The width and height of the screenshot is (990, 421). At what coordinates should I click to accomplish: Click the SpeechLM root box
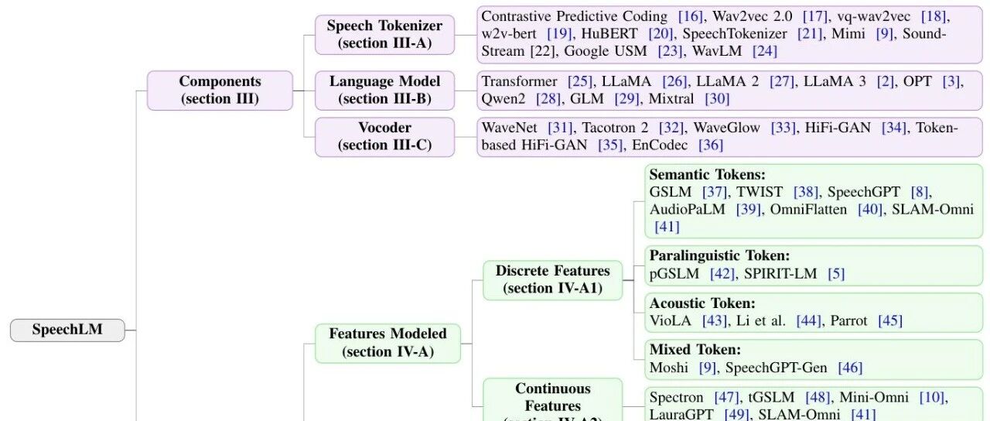[x=67, y=330]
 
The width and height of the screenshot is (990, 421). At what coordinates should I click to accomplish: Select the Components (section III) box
[x=220, y=91]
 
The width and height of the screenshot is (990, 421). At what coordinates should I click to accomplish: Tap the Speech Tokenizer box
[x=384, y=35]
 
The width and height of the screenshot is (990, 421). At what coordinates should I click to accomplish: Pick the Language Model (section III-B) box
[x=384, y=91]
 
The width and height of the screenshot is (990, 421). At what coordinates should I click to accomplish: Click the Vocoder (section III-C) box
[x=384, y=137]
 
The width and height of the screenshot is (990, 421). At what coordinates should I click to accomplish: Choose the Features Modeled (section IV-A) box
[x=387, y=343]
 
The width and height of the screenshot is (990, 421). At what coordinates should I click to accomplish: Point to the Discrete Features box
[x=552, y=280]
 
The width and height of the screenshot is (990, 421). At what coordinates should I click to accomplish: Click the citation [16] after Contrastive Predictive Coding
[x=691, y=16]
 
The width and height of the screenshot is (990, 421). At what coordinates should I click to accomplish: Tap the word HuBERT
[x=609, y=33]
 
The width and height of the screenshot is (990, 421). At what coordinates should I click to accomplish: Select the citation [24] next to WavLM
[x=765, y=51]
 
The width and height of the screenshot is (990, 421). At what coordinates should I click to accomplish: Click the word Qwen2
[x=503, y=98]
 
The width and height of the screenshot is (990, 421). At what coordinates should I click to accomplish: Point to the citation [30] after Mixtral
[x=717, y=98]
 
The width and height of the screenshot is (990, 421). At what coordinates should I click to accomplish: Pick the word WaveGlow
[x=726, y=128]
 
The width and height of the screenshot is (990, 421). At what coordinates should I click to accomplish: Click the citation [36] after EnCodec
[x=711, y=145]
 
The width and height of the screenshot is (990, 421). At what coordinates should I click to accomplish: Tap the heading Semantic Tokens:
[x=707, y=175]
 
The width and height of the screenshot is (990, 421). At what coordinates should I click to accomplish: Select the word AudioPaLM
[x=688, y=209]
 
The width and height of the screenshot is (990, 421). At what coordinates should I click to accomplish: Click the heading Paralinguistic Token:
[x=719, y=255]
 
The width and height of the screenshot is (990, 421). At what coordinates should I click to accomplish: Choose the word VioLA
[x=670, y=320]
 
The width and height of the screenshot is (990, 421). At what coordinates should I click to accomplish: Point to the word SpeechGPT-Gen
[x=776, y=368]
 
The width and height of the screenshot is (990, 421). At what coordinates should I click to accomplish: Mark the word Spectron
[x=676, y=398]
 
